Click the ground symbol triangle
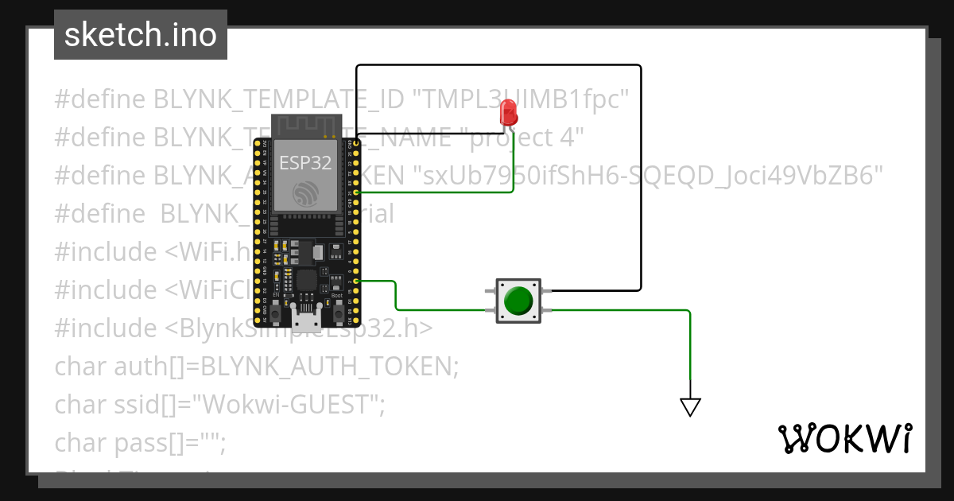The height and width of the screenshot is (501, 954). point(690,407)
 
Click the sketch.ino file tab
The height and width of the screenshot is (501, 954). point(141,35)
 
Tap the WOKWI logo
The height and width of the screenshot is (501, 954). point(844,439)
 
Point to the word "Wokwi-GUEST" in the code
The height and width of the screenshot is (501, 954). point(290,405)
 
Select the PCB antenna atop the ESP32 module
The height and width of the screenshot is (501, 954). point(306,126)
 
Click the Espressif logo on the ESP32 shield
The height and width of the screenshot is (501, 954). point(306,193)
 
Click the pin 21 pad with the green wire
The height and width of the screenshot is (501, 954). point(355,193)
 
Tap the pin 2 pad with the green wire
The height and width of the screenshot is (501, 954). point(355,281)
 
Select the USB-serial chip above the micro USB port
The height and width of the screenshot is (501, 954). point(306,280)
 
